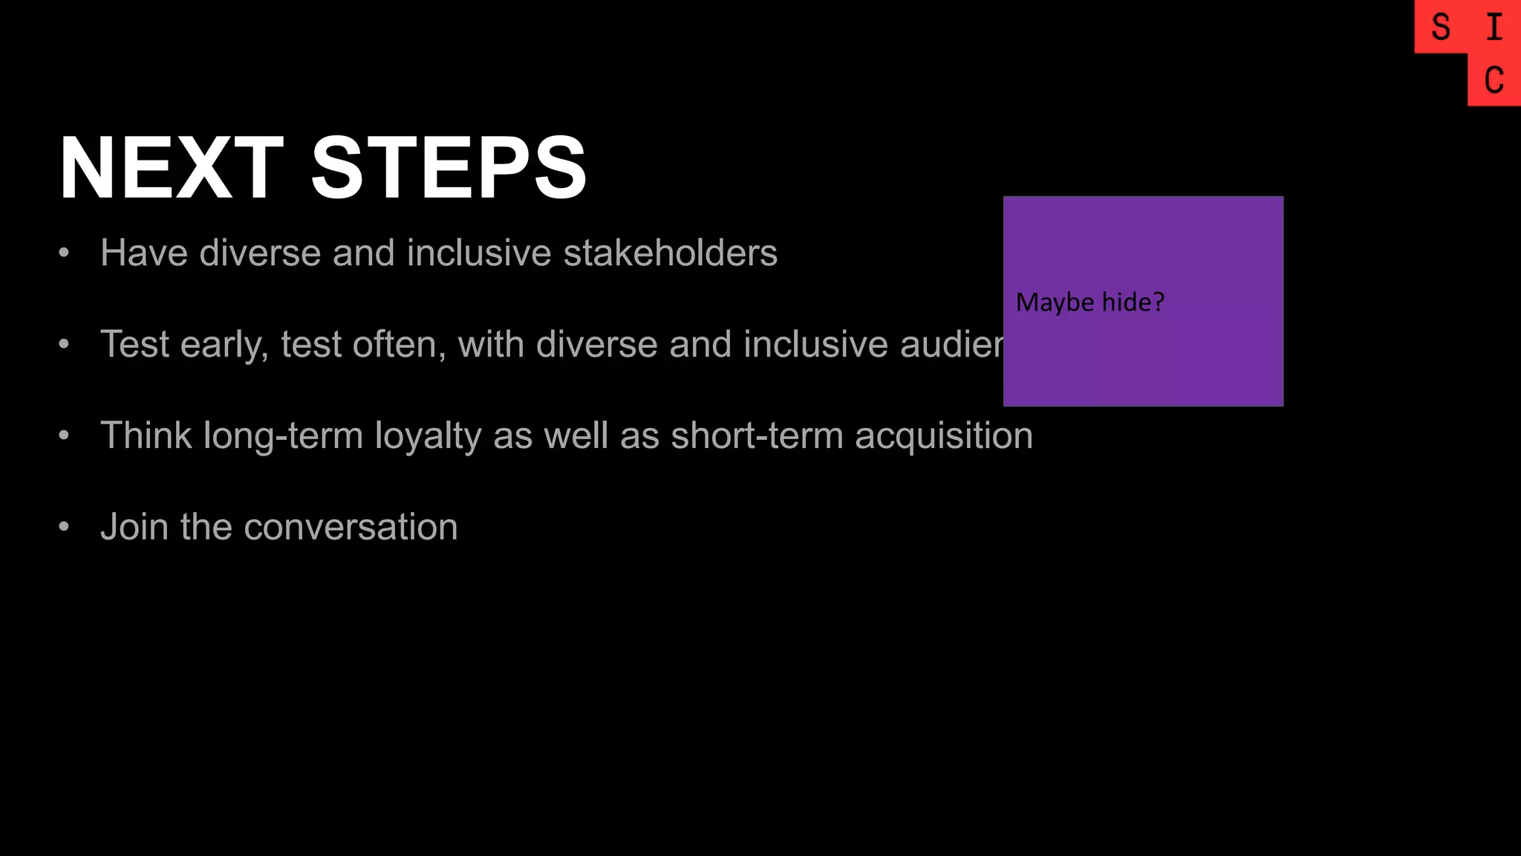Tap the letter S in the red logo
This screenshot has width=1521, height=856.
click(1441, 27)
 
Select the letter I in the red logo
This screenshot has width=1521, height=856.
click(1494, 27)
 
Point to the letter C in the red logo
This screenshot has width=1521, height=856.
click(1494, 80)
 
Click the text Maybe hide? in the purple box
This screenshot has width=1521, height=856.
click(1090, 302)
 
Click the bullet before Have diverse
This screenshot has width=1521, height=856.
click(64, 253)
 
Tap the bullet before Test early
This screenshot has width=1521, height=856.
click(64, 345)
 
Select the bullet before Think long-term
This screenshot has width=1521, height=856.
click(64, 436)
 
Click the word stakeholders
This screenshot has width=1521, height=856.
click(670, 253)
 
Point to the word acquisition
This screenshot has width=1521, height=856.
click(943, 436)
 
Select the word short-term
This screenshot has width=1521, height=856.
click(757, 436)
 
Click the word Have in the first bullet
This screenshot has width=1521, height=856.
click(144, 253)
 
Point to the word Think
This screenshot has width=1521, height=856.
click(146, 436)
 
